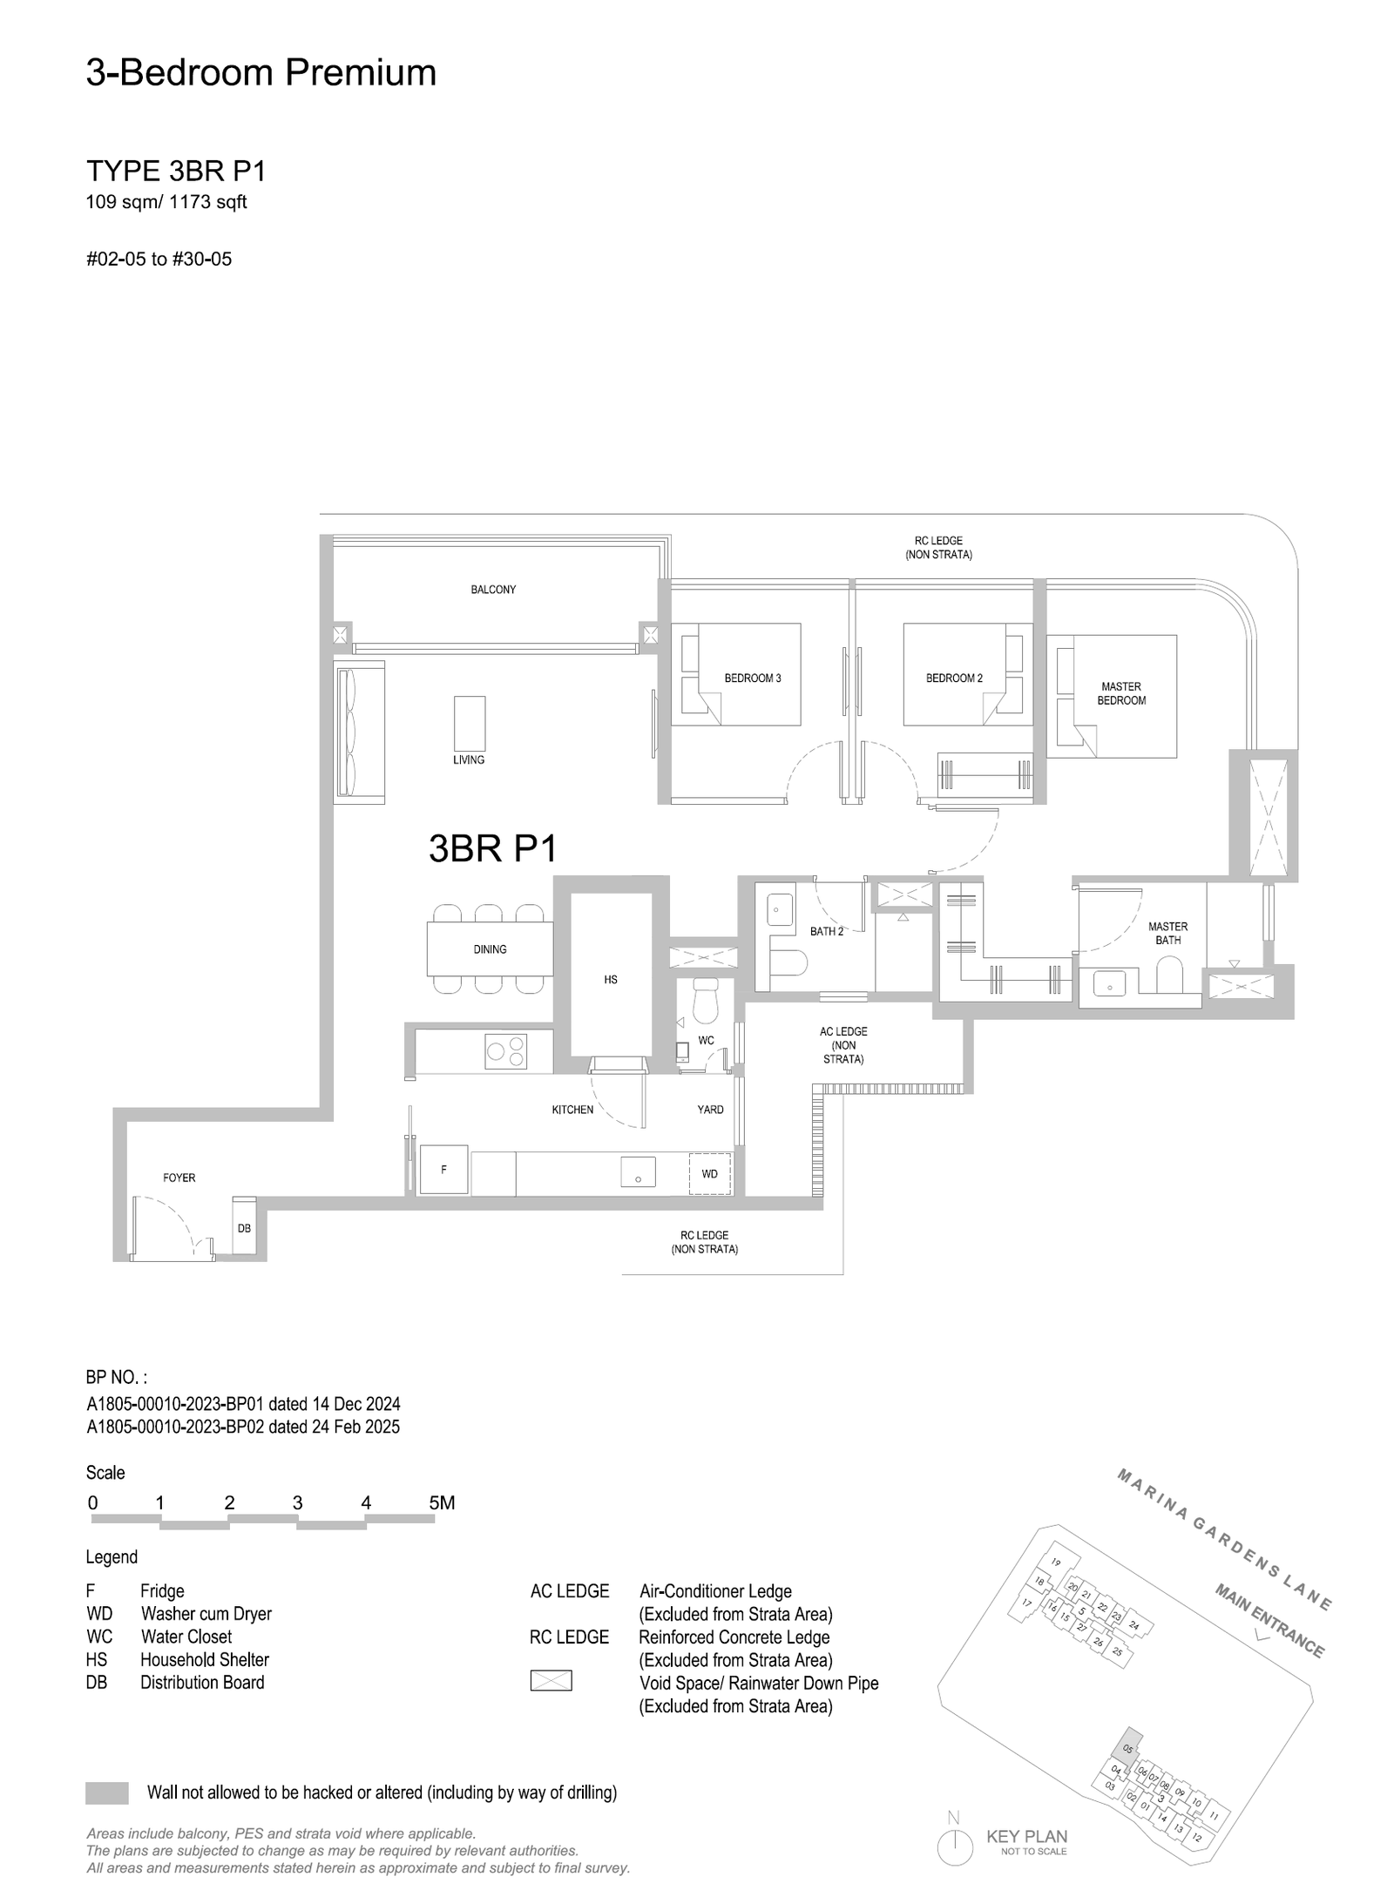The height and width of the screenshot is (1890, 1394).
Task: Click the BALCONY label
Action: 493,590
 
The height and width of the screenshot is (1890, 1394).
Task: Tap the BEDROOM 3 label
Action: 753,678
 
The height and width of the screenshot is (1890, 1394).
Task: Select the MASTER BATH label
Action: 1167,933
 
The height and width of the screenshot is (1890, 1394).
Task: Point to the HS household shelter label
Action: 611,980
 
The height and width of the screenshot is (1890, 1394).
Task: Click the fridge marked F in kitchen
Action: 444,1170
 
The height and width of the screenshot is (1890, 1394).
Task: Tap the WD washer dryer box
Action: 710,1174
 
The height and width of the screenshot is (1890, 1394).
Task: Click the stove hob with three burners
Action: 506,1050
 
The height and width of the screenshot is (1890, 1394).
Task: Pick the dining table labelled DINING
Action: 490,949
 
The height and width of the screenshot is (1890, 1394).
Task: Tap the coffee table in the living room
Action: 470,723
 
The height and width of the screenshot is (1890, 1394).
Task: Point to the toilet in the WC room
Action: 704,1001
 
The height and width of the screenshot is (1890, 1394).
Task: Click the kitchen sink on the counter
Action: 638,1172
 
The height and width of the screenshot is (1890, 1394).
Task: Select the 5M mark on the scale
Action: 442,1502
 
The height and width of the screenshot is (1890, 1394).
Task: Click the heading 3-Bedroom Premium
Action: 261,72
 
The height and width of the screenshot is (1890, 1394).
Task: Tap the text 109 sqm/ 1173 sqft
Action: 166,202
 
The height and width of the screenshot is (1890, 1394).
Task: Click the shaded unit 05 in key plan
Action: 1128,1749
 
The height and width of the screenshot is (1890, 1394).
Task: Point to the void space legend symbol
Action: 551,1680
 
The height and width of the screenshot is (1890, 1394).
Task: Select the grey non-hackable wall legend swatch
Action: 107,1792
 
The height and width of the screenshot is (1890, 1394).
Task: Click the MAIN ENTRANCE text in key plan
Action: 1270,1620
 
